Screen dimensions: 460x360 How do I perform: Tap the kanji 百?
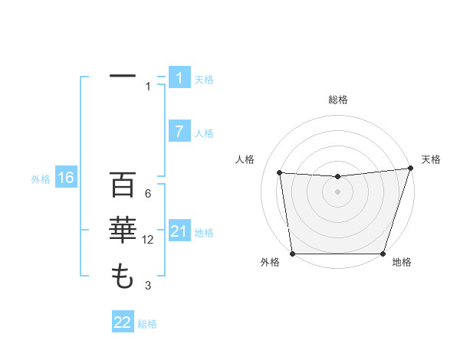pyautogui.click(x=123, y=187)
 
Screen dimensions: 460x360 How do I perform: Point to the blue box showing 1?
pyautogui.click(x=179, y=77)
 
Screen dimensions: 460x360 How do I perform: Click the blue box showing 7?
pyautogui.click(x=179, y=131)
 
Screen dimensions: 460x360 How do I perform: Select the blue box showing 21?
pyautogui.click(x=179, y=231)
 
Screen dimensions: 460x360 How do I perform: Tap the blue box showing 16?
pyautogui.click(x=66, y=178)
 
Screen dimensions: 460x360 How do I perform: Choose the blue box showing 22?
pyautogui.click(x=123, y=322)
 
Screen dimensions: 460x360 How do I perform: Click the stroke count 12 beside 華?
pyautogui.click(x=148, y=240)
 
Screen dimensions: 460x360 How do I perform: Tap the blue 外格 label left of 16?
pyautogui.click(x=41, y=179)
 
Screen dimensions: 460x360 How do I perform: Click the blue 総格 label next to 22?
pyautogui.click(x=147, y=324)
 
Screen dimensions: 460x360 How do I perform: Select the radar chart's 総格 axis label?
pyautogui.click(x=337, y=100)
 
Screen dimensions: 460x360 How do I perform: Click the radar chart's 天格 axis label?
pyautogui.click(x=431, y=159)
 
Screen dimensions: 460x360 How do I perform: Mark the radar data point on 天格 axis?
pyautogui.click(x=409, y=169)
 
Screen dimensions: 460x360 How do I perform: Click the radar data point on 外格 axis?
pyautogui.click(x=292, y=254)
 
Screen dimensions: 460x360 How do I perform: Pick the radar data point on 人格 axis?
pyautogui.click(x=280, y=173)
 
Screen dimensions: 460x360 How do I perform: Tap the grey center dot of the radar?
pyautogui.click(x=337, y=191)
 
